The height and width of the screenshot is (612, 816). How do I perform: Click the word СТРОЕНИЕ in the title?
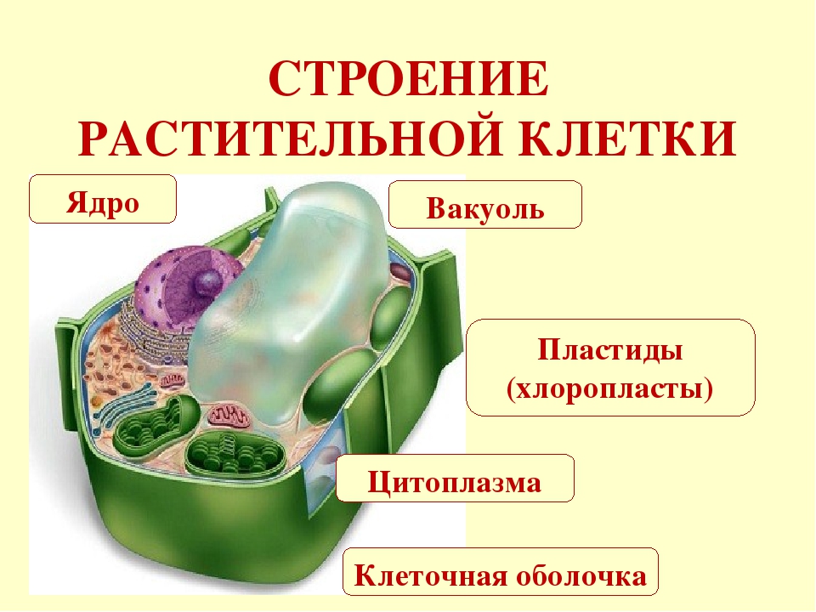[x=407, y=79]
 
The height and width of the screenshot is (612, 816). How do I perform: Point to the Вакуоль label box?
[x=485, y=205]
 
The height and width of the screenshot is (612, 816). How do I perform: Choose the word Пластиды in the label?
[x=610, y=350]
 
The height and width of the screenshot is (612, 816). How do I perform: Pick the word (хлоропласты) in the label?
[x=610, y=389]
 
